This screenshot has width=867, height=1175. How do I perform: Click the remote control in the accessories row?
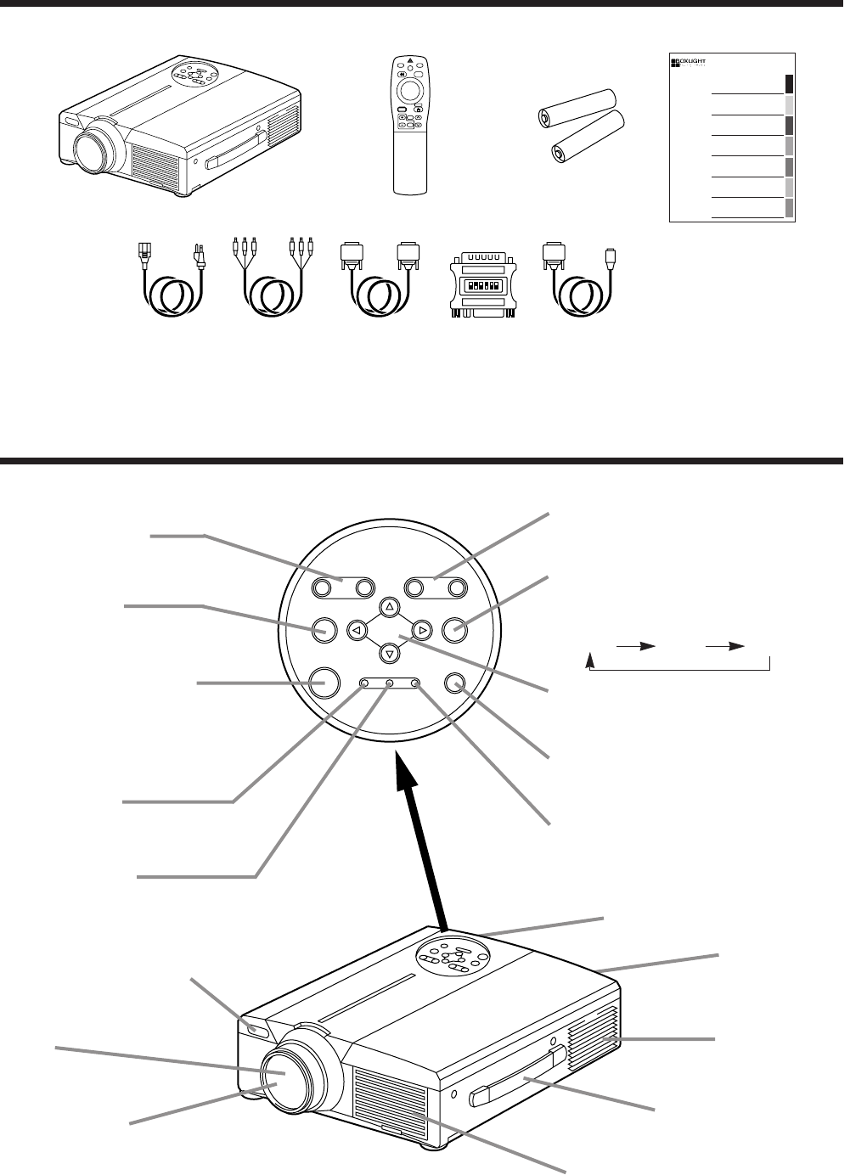409,123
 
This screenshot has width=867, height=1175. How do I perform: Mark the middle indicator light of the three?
390,683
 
